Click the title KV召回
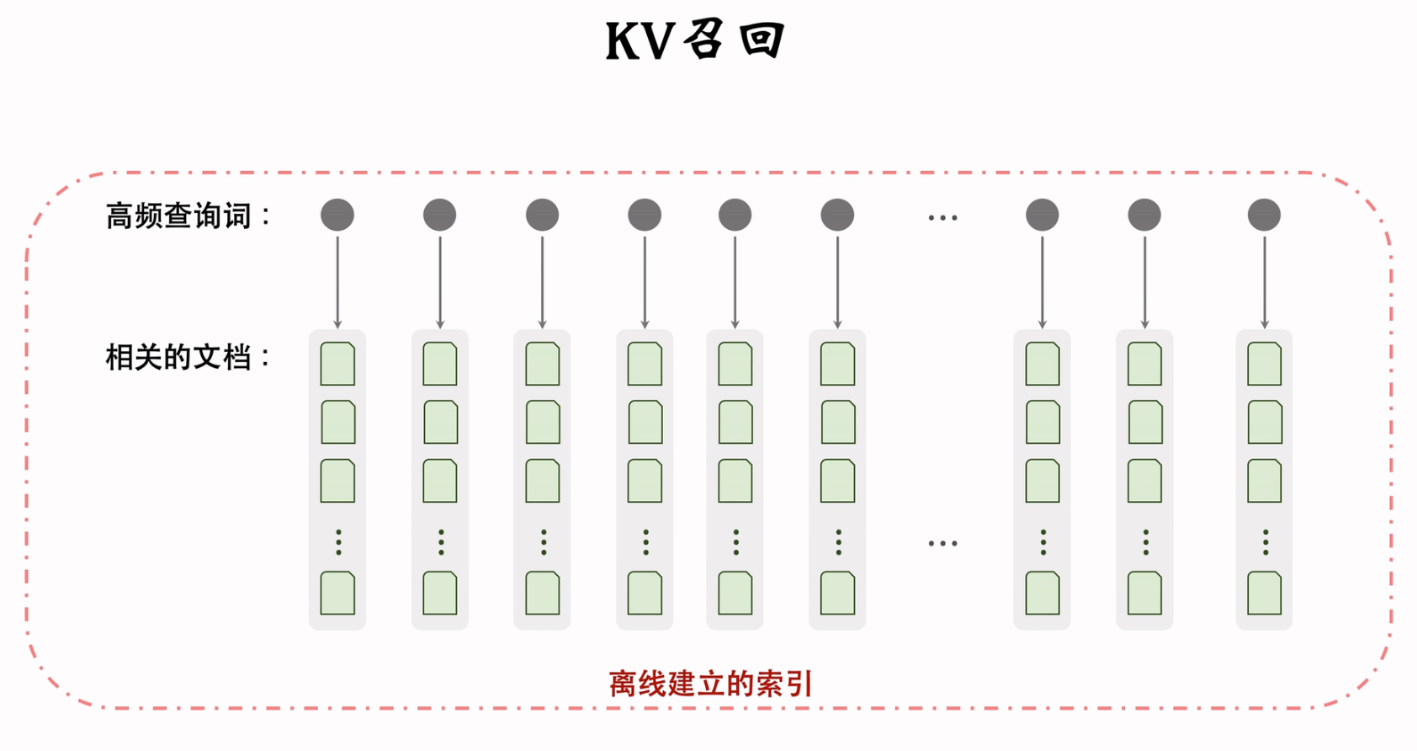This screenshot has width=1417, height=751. pyautogui.click(x=695, y=40)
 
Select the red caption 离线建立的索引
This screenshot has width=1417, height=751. pyautogui.click(x=710, y=684)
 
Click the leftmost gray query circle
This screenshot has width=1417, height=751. pyautogui.click(x=337, y=215)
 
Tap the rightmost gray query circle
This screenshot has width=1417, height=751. pyautogui.click(x=1264, y=215)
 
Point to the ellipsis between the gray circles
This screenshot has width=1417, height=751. pyautogui.click(x=942, y=218)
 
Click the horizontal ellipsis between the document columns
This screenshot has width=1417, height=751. pyautogui.click(x=942, y=544)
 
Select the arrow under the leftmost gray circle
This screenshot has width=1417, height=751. pyautogui.click(x=337, y=282)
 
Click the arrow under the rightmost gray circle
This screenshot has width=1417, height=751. pyautogui.click(x=1264, y=282)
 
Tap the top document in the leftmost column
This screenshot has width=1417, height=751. pyautogui.click(x=337, y=364)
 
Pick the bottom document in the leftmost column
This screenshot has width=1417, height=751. pyautogui.click(x=337, y=593)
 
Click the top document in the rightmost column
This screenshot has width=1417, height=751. pyautogui.click(x=1264, y=364)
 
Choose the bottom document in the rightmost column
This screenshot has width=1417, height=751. pyautogui.click(x=1264, y=593)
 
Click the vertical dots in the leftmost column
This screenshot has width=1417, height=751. pyautogui.click(x=338, y=542)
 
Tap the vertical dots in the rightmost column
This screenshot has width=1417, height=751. pyautogui.click(x=1265, y=542)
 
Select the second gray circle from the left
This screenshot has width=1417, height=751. pyautogui.click(x=439, y=215)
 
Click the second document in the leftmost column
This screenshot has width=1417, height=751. pyautogui.click(x=338, y=422)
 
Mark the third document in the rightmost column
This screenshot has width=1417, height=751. pyautogui.click(x=1264, y=481)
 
